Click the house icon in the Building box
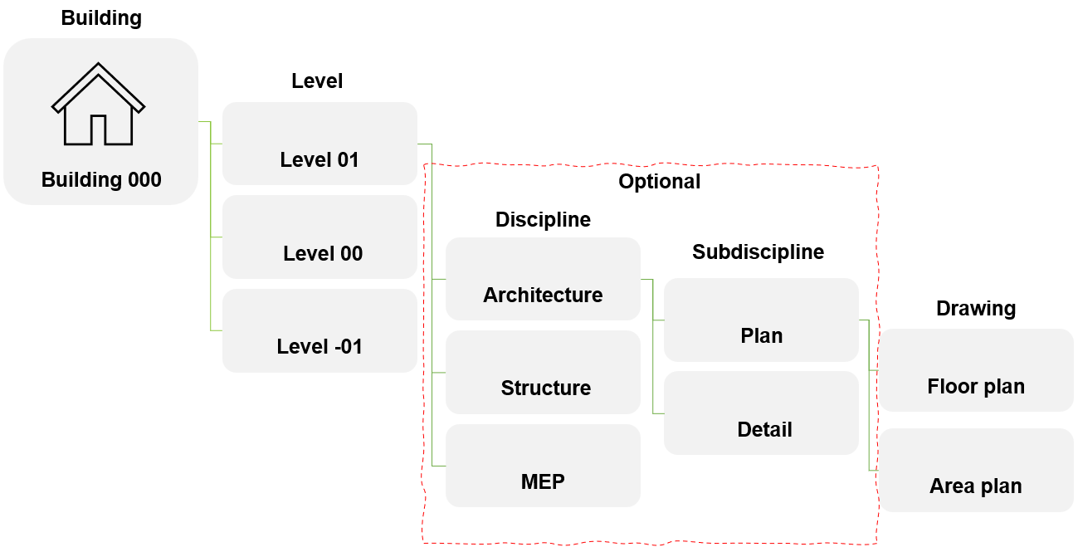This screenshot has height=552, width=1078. pos(98,104)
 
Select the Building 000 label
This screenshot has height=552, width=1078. pos(101,180)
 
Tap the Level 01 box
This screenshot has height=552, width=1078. pos(319,144)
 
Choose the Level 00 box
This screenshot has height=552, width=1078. pos(319,237)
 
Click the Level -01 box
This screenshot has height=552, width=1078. pos(319,330)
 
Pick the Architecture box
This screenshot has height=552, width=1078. pos(543,279)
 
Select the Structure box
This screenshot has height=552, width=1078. pos(543,373)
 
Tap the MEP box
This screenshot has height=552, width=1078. pos(543,466)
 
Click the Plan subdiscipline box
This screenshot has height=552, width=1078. pos(761,320)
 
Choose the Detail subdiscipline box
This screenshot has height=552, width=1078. pos(761,413)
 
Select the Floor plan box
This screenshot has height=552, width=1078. pos(977,370)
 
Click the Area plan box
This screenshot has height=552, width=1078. pos(977,470)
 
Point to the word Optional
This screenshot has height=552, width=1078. pos(659,182)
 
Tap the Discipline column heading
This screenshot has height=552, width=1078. pos(543,220)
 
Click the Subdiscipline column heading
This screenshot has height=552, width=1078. pos(758,252)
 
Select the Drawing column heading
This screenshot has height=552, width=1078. pos(976,309)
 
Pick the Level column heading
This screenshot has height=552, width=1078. pos(317,81)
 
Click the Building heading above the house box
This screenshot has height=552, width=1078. pos(101,18)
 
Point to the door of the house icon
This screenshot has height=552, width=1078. pos(98,130)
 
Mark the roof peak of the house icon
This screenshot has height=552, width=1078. pos(98,64)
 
